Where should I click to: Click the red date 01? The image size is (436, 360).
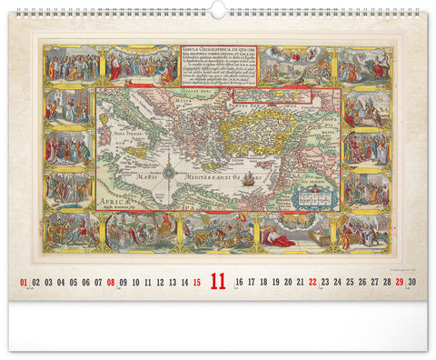[24, 283]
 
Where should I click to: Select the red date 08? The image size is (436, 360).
[111, 283]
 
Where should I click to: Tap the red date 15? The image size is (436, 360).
[197, 283]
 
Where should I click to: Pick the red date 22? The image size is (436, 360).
[312, 283]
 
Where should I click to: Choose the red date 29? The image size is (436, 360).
[399, 283]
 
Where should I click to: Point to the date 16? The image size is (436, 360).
[238, 283]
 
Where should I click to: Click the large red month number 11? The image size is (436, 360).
[218, 282]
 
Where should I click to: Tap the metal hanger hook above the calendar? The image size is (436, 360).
[218, 7]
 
